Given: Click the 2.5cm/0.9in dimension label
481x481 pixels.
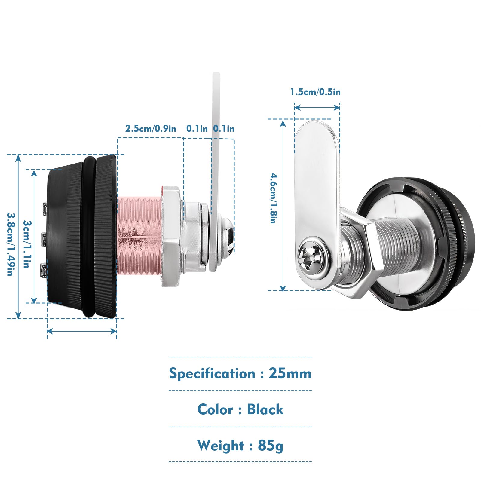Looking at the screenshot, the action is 151,129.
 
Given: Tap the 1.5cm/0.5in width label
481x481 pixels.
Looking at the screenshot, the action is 315,92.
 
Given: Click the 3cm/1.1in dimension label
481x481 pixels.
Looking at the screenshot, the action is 27,244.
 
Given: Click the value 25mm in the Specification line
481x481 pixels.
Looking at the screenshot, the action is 290,373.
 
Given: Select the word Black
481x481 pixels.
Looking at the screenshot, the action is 265,409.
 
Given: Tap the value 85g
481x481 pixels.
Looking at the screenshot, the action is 270,446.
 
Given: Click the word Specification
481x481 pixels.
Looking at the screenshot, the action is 212,374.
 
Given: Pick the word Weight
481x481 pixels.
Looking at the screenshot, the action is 221,446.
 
